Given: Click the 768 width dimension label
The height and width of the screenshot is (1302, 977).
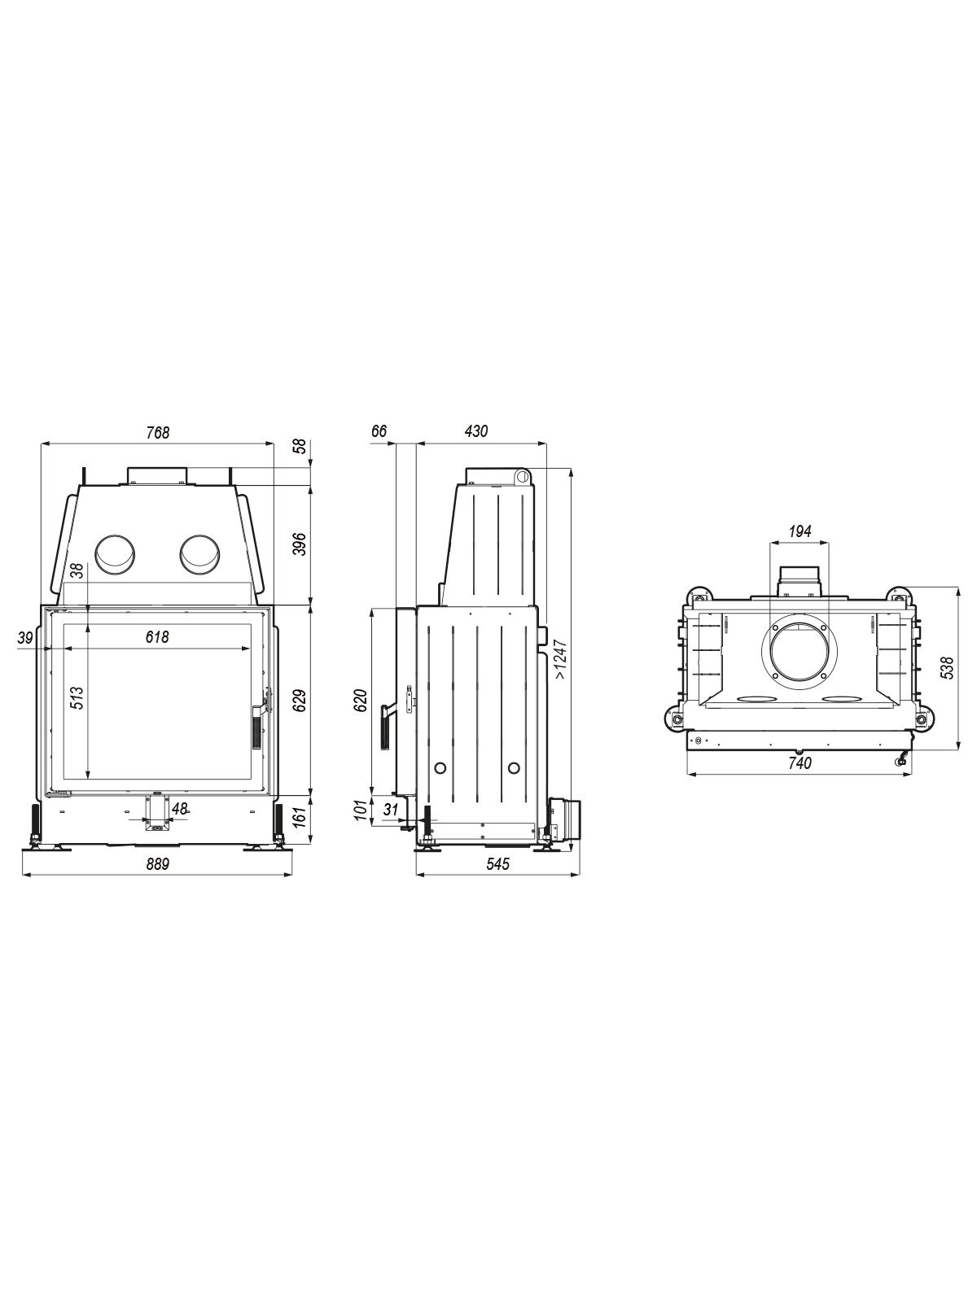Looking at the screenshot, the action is point(158,432).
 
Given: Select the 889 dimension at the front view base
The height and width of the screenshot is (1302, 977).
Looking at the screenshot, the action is point(158,864).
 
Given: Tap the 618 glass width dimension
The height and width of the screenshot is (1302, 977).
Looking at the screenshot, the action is point(157,637).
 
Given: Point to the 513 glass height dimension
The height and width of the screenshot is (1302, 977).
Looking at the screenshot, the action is point(77,698).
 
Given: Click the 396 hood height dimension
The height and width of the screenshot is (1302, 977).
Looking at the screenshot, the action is point(301,544).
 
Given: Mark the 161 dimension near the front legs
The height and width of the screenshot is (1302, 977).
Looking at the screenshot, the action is point(301,818).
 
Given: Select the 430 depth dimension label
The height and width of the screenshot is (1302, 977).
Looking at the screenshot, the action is point(475,431).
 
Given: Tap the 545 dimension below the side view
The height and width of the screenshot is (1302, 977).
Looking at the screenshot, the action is point(497,864).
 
